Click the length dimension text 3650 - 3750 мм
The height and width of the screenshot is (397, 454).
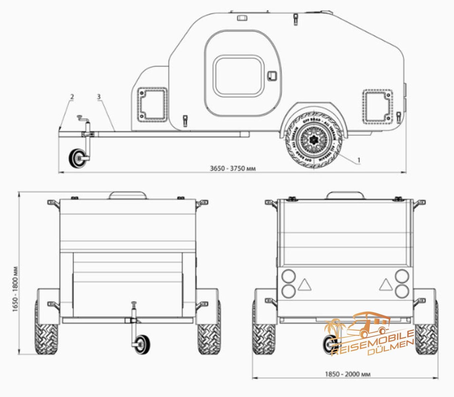click(x=233, y=168)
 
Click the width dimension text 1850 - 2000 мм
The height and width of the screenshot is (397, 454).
click(x=347, y=374)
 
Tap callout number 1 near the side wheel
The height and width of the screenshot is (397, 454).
click(x=359, y=160)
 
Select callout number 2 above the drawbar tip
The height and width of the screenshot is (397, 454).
click(x=72, y=97)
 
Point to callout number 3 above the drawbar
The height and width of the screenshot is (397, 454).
click(x=99, y=97)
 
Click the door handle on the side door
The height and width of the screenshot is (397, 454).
click(x=272, y=76)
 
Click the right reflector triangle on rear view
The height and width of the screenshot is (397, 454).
click(x=385, y=285)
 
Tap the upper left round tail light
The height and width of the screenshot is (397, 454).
click(x=288, y=276)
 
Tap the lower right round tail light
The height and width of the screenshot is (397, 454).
click(x=402, y=291)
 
